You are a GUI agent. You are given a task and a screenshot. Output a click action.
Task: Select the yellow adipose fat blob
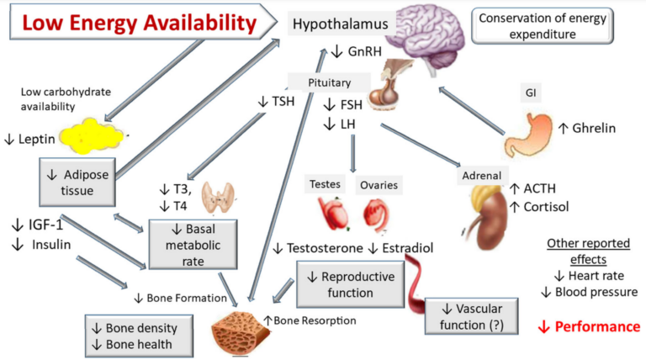tap(90, 135)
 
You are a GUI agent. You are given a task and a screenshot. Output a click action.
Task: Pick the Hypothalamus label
tap(340, 24)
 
